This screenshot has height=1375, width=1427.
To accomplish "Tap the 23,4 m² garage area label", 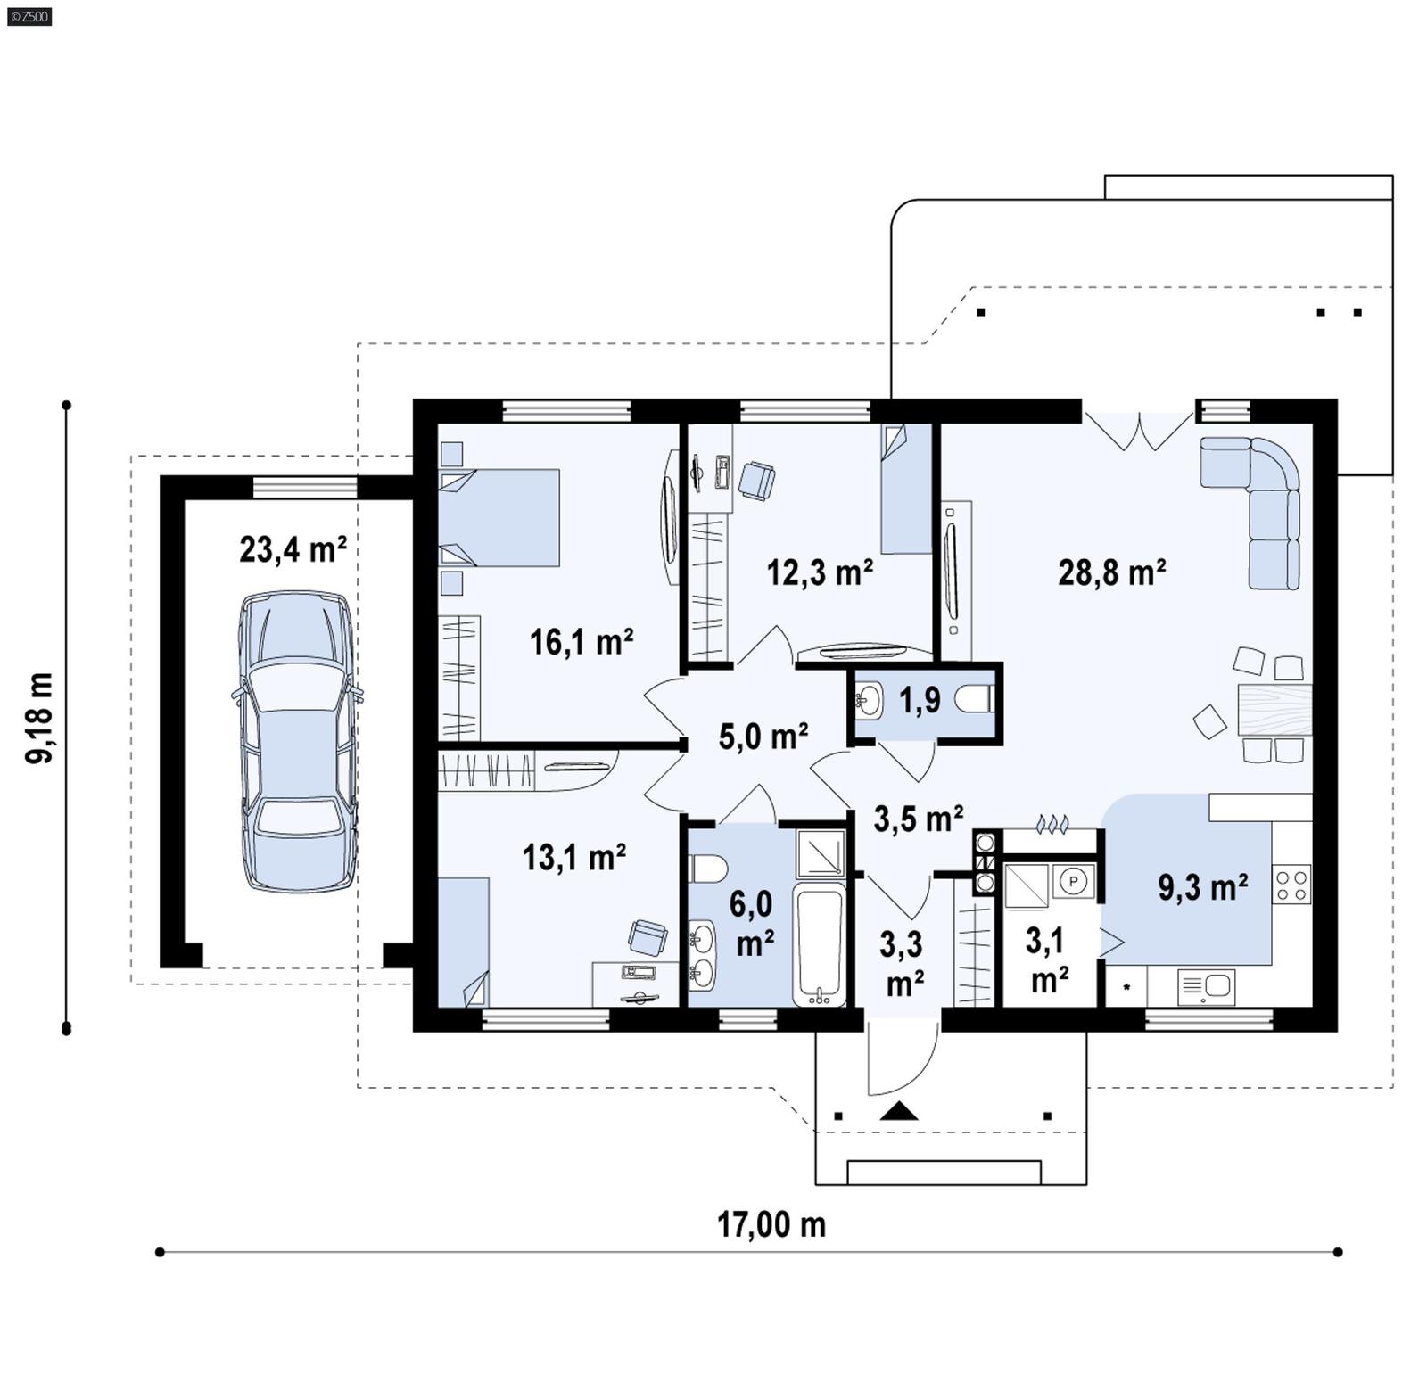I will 293,549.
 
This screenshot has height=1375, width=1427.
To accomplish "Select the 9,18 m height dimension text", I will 39,718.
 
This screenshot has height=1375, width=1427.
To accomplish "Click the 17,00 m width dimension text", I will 771,1224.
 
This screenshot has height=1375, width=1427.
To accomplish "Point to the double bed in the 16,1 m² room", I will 499,517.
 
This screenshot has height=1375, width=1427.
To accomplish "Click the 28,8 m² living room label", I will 1111,572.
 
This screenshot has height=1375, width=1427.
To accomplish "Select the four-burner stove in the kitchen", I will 1291,885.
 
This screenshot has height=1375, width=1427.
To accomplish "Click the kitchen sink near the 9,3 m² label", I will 1207,986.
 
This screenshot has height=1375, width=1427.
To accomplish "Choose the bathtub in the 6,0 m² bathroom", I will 819,945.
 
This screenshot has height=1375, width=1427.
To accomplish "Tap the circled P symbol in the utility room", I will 1074,881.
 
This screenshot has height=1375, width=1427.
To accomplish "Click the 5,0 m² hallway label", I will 763,737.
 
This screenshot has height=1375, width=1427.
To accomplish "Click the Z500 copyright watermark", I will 29,16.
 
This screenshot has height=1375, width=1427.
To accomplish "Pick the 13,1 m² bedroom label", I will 573,857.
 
